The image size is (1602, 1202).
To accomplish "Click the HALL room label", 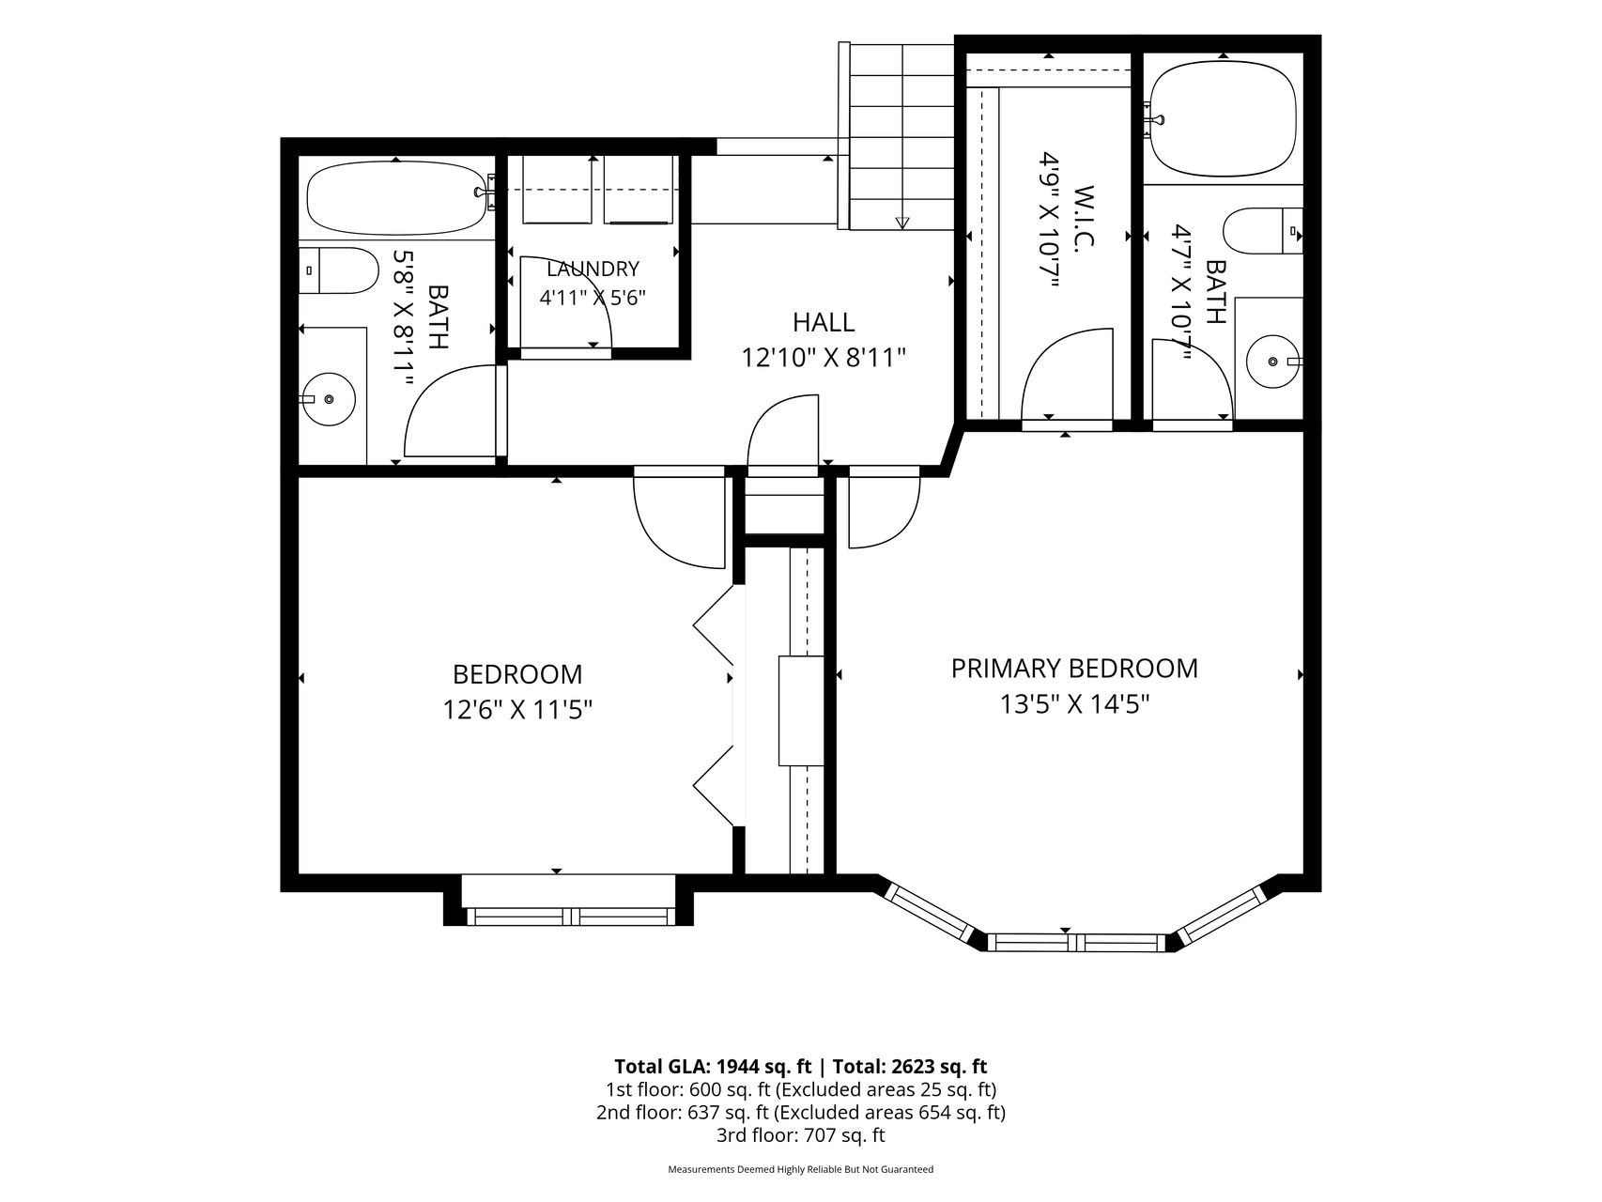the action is point(824,322).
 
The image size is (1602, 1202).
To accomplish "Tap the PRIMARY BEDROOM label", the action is point(1074,669).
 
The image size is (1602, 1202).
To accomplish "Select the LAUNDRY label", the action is point(593,270).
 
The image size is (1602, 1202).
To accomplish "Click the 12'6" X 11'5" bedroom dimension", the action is point(517,709).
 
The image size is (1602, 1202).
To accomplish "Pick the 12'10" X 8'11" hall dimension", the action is point(824,358).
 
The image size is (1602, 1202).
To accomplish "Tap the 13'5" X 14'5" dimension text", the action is point(1074,704).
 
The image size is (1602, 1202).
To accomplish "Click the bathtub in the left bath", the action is point(396,198).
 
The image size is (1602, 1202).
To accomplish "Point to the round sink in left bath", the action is point(329,399).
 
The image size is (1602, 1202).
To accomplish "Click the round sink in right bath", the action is point(1273,362).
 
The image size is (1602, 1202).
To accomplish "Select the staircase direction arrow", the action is point(902,223).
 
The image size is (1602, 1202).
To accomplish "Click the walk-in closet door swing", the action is point(1067,374).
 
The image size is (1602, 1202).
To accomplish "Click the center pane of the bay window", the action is point(1077,942).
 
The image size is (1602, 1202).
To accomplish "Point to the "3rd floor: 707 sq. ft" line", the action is point(800,1135).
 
